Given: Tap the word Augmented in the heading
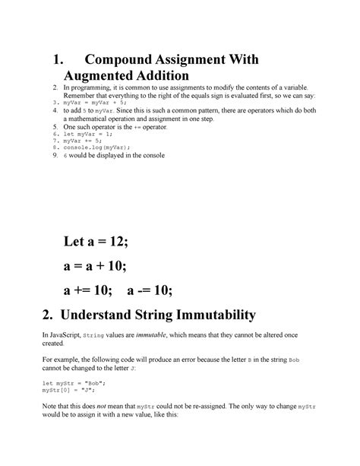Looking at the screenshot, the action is (102, 76).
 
